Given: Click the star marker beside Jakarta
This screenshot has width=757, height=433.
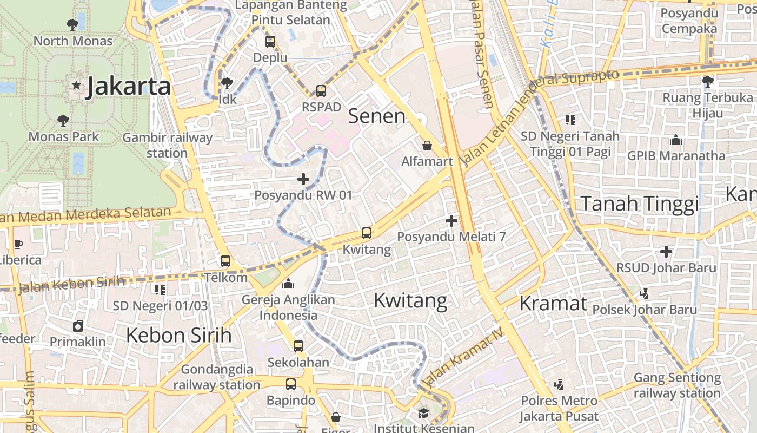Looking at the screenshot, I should pos(76,86).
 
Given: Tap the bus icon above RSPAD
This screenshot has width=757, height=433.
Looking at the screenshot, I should pos(321,91).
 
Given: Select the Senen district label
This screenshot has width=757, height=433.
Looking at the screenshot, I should pos(376,116).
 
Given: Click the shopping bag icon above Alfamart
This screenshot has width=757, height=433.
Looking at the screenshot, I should pos(427,146).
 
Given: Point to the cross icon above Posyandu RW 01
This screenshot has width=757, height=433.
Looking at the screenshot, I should pos(303,179).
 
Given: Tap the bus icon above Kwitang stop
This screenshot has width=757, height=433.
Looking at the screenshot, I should pos(367,233).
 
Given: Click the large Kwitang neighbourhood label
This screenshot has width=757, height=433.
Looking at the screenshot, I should pos(410,300).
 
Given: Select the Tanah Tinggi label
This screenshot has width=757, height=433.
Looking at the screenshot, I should pos(640,204).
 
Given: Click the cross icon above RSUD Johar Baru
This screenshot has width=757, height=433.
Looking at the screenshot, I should pos(666,252).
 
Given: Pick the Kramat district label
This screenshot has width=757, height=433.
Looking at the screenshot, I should pos(553,303).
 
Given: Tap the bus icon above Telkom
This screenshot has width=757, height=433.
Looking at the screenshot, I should pos(225,261).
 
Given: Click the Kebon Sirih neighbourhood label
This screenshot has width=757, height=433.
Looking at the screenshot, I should pos(178,336).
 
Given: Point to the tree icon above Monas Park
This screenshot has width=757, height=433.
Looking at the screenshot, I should pos(63,120).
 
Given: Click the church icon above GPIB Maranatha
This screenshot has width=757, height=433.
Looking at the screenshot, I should pos(676,140).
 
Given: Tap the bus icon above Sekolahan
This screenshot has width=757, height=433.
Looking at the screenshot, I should pos(298,346).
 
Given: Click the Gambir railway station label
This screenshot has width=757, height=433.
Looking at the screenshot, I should pos(167,145).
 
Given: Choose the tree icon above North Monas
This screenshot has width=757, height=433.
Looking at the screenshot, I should pos(72,24).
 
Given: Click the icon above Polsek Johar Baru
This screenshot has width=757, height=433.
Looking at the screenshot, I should pos(644,293).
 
